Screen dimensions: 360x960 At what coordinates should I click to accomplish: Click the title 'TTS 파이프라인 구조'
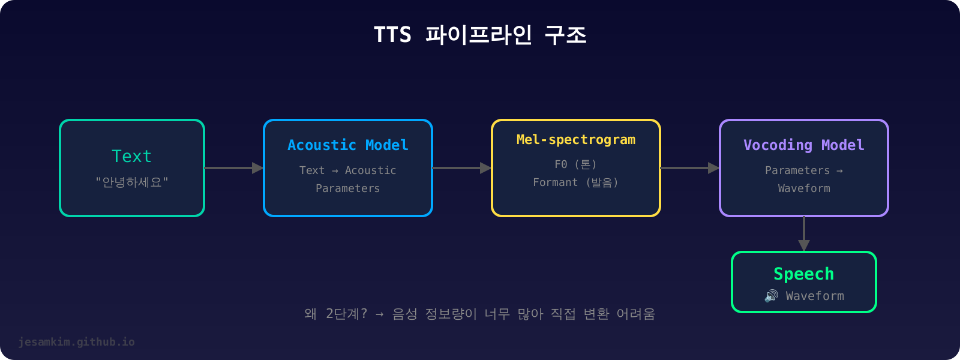480,35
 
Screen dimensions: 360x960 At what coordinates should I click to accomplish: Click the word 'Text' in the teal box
132,156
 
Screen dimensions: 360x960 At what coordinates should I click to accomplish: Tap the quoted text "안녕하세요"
132,182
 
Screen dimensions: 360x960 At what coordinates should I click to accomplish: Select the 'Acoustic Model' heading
348,145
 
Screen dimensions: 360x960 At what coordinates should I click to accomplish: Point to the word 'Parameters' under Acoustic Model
348,188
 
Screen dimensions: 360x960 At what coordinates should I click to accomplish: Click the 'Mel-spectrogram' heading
576,140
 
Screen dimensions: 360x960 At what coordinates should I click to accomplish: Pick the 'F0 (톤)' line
576,164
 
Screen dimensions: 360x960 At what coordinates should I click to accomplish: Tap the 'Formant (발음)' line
576,182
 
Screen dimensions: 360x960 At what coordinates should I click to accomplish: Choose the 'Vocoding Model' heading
804,145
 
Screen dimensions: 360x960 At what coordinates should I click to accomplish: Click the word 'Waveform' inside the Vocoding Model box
804,188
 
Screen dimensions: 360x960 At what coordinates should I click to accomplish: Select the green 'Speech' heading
804,274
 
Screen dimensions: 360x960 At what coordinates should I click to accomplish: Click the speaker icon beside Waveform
771,296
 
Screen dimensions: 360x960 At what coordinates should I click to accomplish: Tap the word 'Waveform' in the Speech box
815,296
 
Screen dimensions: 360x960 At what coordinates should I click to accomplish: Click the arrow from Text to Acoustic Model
234,168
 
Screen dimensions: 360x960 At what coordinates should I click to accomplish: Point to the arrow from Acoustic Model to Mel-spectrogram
462,168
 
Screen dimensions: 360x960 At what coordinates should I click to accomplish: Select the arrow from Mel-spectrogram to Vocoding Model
690,168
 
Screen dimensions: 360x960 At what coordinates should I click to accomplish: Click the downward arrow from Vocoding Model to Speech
804,234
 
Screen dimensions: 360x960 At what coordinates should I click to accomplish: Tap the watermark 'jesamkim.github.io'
77,342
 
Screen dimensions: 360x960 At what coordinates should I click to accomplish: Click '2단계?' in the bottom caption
346,314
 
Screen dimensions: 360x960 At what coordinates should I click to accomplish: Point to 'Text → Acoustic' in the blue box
348,170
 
